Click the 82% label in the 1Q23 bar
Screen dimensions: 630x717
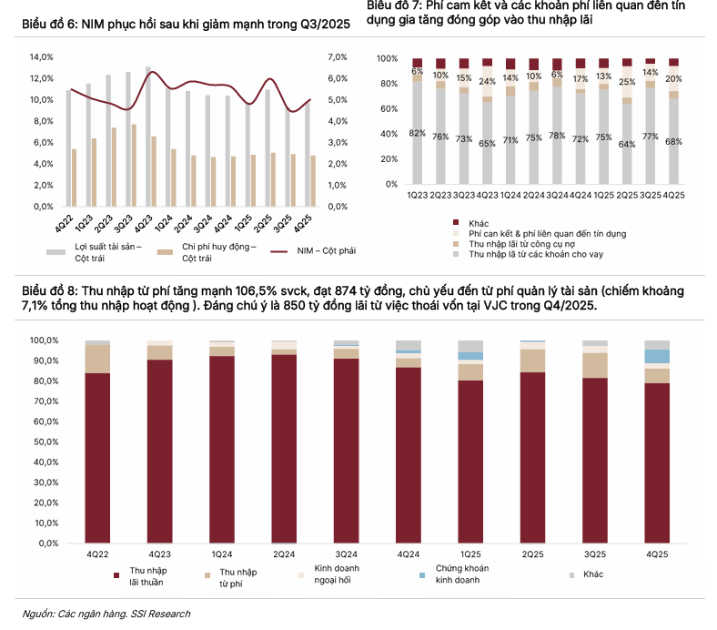tap(417, 134)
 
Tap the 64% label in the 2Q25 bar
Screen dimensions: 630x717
tap(626, 145)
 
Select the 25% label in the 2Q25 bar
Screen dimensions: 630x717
tap(626, 82)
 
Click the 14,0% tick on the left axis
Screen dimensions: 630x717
tap(43, 56)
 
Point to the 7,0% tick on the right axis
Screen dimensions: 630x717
tap(337, 56)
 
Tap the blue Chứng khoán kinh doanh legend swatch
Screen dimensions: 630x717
tap(422, 575)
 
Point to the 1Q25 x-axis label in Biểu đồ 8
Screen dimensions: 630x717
tap(470, 554)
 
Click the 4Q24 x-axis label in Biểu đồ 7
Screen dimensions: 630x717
tap(578, 195)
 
